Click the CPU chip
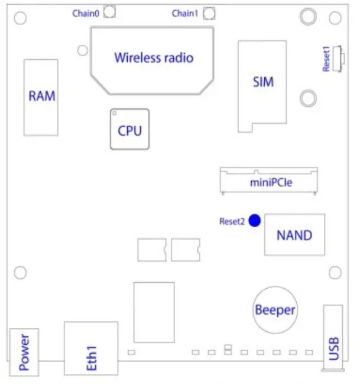pos(129,130)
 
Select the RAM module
pos(41,96)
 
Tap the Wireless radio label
pos(153,58)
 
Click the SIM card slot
pos(262,83)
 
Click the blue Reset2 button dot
pos(255,221)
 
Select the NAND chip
pos(294,235)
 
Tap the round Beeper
pos(275,309)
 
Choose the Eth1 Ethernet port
pos(91,348)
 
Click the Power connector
pos(24,352)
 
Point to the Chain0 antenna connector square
pos(109,12)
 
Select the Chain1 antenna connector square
pos(209,12)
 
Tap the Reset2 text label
pos(232,221)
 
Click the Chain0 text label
pos(85,13)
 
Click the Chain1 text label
pos(185,13)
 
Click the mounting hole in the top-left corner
pos(20,18)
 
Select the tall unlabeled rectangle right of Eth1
pos(154,312)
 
